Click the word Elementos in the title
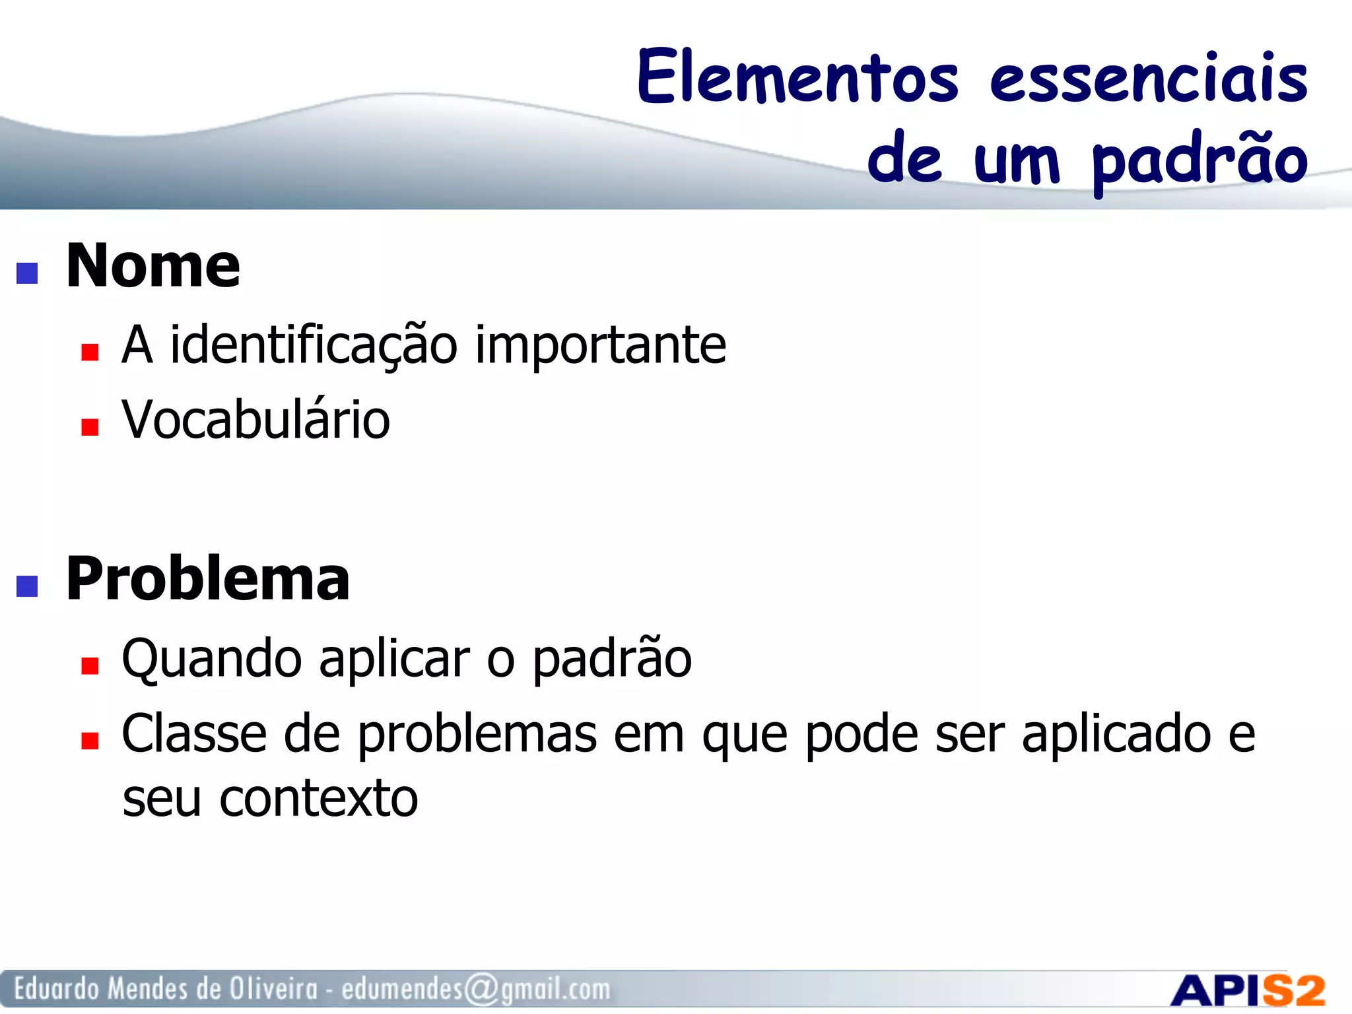(x=797, y=77)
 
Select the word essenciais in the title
(x=1149, y=79)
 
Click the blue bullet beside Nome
(x=27, y=273)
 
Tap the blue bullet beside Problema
(x=27, y=586)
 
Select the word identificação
(x=314, y=346)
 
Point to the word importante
(x=600, y=346)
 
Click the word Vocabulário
(x=256, y=420)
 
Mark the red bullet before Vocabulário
(x=90, y=427)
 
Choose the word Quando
(x=212, y=659)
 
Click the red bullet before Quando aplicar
(x=90, y=665)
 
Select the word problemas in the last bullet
(x=477, y=735)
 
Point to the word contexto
(x=319, y=799)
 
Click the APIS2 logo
(x=1247, y=991)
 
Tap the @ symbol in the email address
(x=481, y=990)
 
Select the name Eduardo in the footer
(x=57, y=989)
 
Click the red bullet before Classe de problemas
(x=90, y=741)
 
